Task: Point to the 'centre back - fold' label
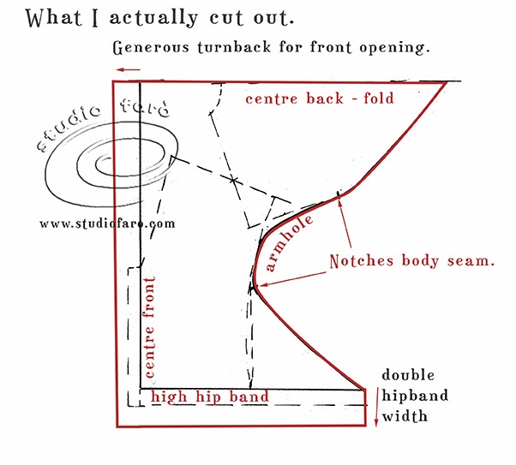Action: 320,98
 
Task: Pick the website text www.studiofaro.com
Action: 107,224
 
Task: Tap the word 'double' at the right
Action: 409,375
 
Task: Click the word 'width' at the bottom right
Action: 405,418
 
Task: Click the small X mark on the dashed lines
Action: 234,181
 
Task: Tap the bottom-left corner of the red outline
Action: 115,426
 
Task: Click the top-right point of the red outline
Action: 445,82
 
